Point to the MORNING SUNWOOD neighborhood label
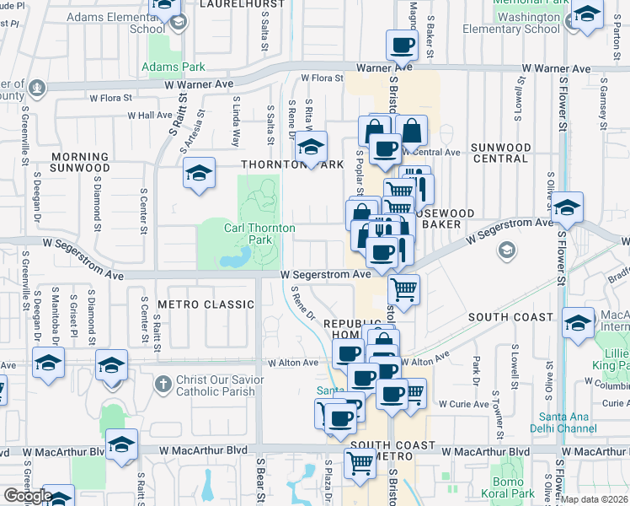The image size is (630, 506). tap(80, 162)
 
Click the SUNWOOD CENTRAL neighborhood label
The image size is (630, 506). tap(500, 153)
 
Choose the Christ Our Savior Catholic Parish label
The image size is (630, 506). tap(220, 385)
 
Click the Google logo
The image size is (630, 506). tap(28, 497)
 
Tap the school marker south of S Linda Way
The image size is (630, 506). tap(200, 175)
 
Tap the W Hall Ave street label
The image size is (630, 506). tap(150, 116)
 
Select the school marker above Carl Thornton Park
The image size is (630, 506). tap(311, 148)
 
